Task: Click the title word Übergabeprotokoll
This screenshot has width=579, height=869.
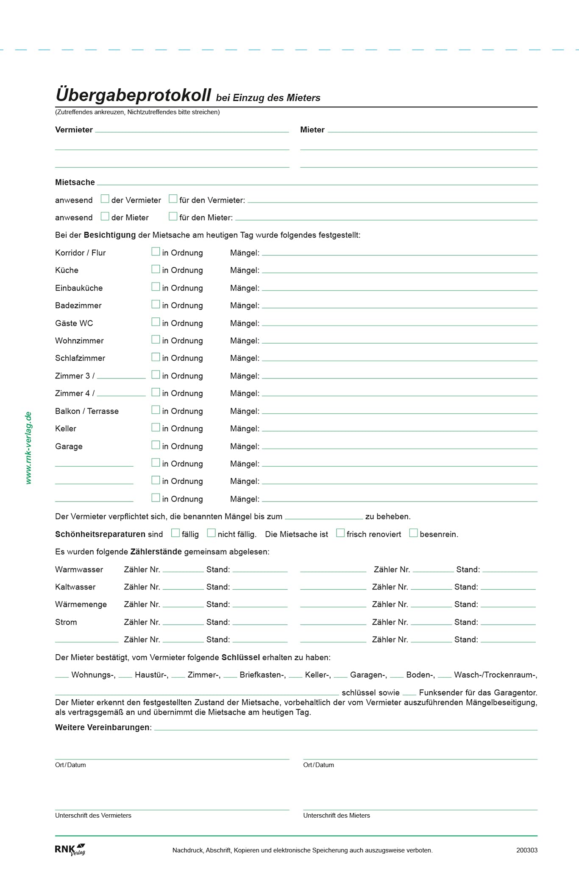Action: tap(133, 95)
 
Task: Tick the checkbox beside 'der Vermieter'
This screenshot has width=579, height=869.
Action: tap(105, 199)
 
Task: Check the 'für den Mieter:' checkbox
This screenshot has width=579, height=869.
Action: tap(173, 216)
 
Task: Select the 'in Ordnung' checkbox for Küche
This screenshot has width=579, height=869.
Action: tap(156, 269)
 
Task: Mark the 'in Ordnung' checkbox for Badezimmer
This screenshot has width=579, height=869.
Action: tap(156, 304)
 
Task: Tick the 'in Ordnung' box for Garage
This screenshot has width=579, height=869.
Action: tap(156, 445)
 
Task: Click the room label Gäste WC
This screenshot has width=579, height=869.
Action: tap(74, 323)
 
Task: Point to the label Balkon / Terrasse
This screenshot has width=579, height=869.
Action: tap(86, 411)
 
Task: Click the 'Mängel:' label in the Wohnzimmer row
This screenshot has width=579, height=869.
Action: tap(245, 341)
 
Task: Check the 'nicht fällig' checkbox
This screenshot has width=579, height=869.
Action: tap(211, 533)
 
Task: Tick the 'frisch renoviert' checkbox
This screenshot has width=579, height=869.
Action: tap(340, 533)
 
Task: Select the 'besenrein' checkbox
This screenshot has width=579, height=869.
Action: tap(413, 533)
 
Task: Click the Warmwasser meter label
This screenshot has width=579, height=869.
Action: tap(79, 569)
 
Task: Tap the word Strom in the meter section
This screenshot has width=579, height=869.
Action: tap(66, 622)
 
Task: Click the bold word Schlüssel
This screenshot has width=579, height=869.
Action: tap(240, 657)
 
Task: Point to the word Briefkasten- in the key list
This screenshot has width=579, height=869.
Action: tap(262, 675)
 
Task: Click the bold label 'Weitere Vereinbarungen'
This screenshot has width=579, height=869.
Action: tap(103, 727)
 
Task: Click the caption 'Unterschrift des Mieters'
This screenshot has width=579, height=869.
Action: tap(337, 816)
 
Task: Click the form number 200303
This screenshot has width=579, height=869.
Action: tap(526, 850)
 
